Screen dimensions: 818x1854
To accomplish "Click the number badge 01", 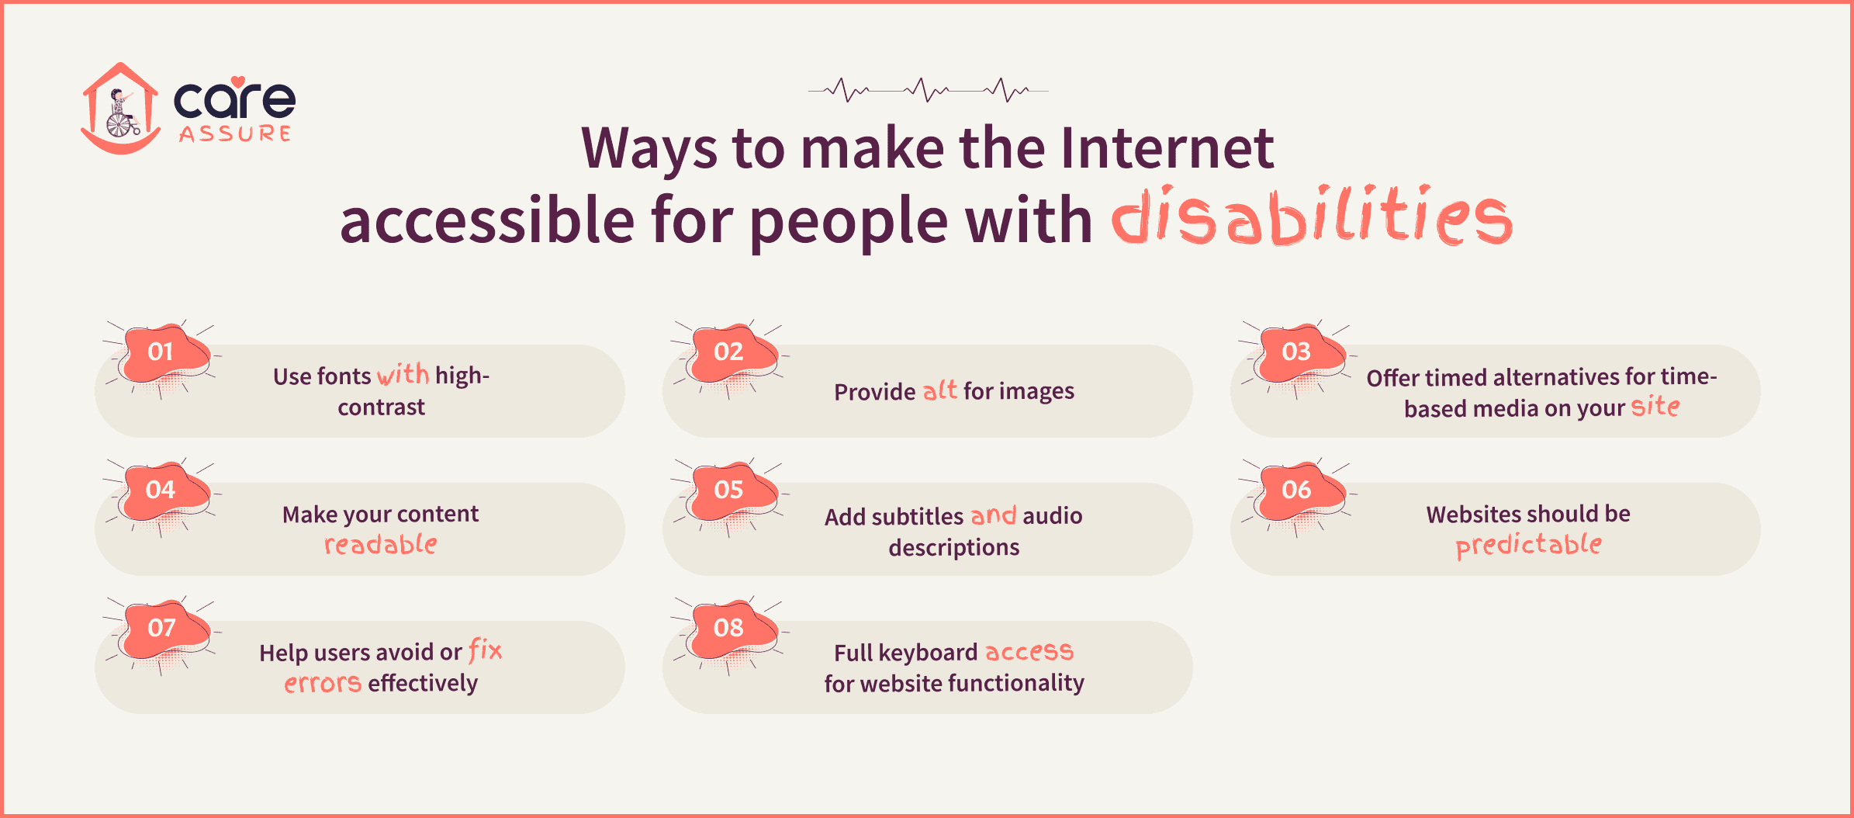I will pyautogui.click(x=161, y=352).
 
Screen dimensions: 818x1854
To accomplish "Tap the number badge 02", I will pyautogui.click(x=729, y=352).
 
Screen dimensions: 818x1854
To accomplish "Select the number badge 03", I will pyautogui.click(x=1297, y=352).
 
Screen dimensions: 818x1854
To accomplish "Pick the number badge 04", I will pyautogui.click(x=161, y=490).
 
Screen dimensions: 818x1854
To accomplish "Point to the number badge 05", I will pyautogui.click(x=729, y=490).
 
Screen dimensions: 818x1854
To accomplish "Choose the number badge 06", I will pyautogui.click(x=1297, y=490).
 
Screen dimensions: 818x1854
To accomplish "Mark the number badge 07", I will pyautogui.click(x=161, y=627).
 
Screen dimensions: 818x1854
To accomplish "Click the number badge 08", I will pyautogui.click(x=729, y=627).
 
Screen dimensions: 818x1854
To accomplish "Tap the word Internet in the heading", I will pyautogui.click(x=1167, y=147).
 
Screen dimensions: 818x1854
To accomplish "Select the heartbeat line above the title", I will pyautogui.click(x=928, y=90).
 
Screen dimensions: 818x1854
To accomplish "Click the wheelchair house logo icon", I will pyautogui.click(x=120, y=109).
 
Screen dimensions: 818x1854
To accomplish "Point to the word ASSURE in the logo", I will pyautogui.click(x=235, y=134).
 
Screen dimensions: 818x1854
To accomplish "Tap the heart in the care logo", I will pyautogui.click(x=238, y=81).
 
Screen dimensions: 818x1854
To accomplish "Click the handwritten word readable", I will pyautogui.click(x=381, y=545).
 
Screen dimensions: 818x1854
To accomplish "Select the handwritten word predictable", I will pyautogui.click(x=1528, y=545).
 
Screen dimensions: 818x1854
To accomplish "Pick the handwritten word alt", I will pyautogui.click(x=939, y=390).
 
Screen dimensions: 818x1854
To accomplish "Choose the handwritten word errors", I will pyautogui.click(x=323, y=684).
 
